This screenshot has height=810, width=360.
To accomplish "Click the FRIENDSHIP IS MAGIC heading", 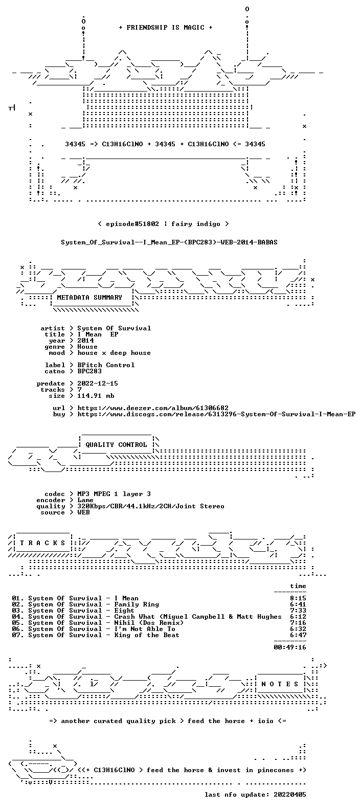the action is click(166, 28).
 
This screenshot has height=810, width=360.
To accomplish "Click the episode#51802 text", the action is click(132, 224).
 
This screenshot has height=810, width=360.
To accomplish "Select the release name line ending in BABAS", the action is click(169, 242).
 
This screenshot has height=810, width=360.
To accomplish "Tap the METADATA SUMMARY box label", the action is click(89, 297).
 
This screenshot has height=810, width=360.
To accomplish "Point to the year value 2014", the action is click(85, 340).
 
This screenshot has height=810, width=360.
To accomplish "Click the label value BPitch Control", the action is click(106, 365).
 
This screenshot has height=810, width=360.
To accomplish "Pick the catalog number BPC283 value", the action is click(89, 371).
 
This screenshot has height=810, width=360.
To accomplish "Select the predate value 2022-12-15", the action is click(98, 384).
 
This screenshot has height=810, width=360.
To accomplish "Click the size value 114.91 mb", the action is click(96, 396).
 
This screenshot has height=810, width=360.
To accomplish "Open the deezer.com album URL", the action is click(153, 408).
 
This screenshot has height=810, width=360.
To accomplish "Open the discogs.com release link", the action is click(216, 414).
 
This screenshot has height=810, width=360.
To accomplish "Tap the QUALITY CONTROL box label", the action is click(116, 445).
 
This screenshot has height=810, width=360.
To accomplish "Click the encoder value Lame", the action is click(85, 500).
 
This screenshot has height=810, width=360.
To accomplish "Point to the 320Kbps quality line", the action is click(151, 506).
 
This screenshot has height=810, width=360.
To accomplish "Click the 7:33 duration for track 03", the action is click(298, 611).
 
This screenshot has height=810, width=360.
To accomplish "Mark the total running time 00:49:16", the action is click(290, 647).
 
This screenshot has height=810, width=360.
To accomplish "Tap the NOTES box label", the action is click(280, 684).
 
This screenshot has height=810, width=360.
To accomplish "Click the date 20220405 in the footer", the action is click(290, 795).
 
